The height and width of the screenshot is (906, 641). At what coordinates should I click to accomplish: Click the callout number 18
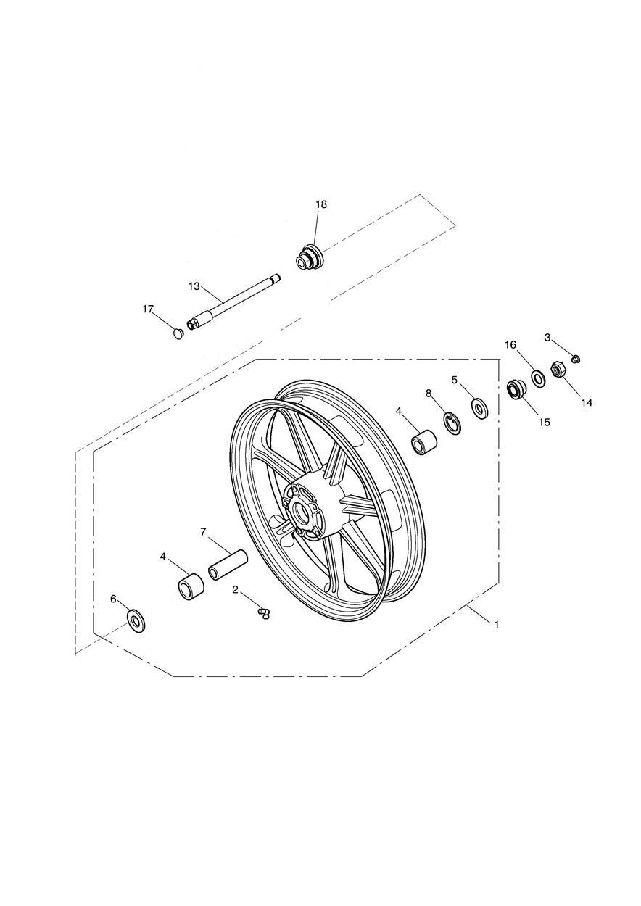pyautogui.click(x=321, y=204)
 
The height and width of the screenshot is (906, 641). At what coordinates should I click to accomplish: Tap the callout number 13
pyautogui.click(x=194, y=286)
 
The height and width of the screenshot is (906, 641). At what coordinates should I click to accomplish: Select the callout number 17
pyautogui.click(x=148, y=309)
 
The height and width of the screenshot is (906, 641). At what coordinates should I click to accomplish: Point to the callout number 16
pyautogui.click(x=510, y=344)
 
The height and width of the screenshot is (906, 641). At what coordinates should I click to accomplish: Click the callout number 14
pyautogui.click(x=587, y=402)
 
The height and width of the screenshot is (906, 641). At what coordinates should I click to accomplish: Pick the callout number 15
pyautogui.click(x=545, y=423)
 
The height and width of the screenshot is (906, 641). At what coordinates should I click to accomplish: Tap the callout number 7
pyautogui.click(x=204, y=531)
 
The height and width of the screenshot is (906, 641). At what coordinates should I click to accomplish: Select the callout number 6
pyautogui.click(x=113, y=599)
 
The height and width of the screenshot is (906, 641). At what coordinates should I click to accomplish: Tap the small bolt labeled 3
pyautogui.click(x=576, y=358)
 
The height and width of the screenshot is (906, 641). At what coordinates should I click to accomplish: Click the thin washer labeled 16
pyautogui.click(x=538, y=378)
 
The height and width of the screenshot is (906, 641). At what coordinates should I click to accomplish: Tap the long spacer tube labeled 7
pyautogui.click(x=228, y=565)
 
